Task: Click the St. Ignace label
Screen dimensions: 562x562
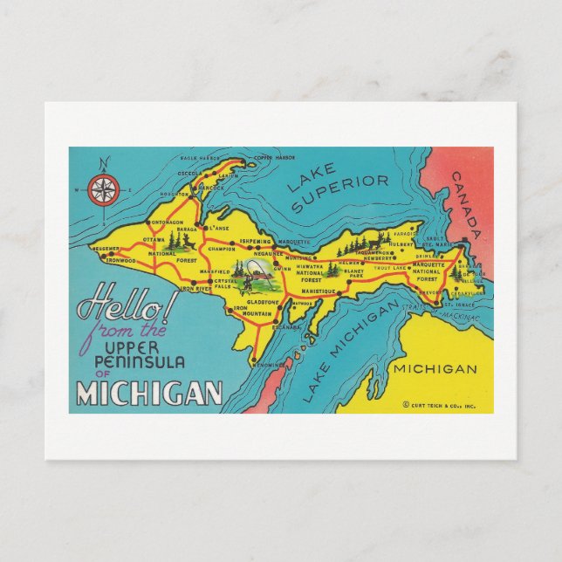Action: coord(463,303)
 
